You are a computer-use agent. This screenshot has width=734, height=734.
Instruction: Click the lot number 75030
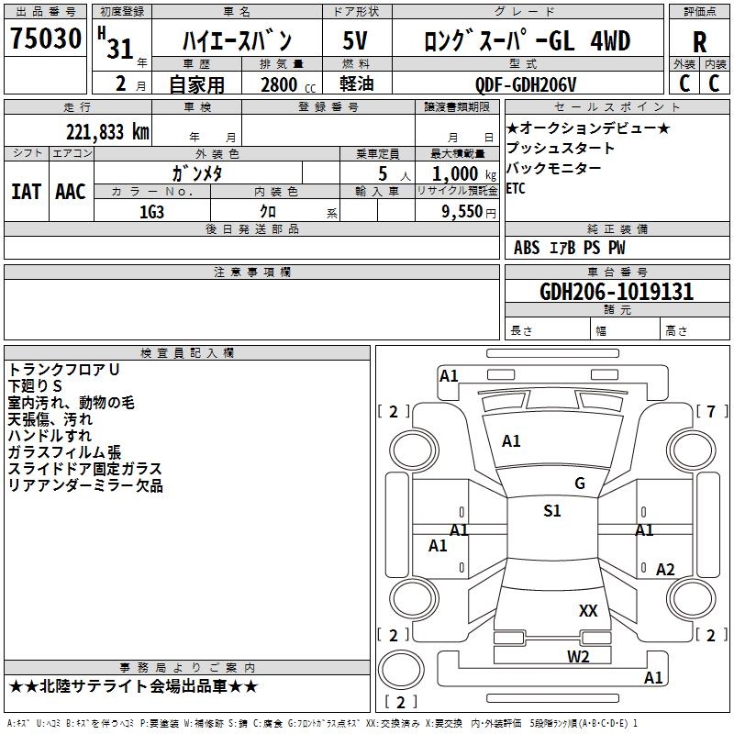click(x=46, y=39)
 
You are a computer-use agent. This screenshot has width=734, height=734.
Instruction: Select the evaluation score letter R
click(x=700, y=42)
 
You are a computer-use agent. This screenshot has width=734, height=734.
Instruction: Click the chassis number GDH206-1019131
click(x=617, y=292)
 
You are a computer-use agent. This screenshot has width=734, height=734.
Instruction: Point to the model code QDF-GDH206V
click(x=526, y=84)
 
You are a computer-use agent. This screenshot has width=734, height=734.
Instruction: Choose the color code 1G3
click(x=152, y=212)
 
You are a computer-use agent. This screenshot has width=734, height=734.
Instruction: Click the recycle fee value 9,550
click(x=462, y=212)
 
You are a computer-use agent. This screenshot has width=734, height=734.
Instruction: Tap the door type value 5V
click(x=356, y=41)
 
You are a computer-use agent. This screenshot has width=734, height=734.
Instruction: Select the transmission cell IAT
click(x=27, y=191)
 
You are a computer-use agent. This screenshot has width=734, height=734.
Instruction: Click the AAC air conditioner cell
click(x=71, y=191)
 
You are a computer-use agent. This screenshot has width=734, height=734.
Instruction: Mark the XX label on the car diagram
click(x=588, y=610)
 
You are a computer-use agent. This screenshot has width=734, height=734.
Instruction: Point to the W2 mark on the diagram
click(x=578, y=656)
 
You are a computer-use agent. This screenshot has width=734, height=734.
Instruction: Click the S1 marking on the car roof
click(x=552, y=511)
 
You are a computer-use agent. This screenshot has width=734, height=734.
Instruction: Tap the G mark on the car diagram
click(x=580, y=484)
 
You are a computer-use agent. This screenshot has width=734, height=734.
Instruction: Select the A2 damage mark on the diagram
click(x=665, y=570)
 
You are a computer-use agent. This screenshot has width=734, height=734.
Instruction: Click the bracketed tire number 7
click(x=711, y=411)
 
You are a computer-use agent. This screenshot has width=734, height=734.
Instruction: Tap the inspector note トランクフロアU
click(x=64, y=369)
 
